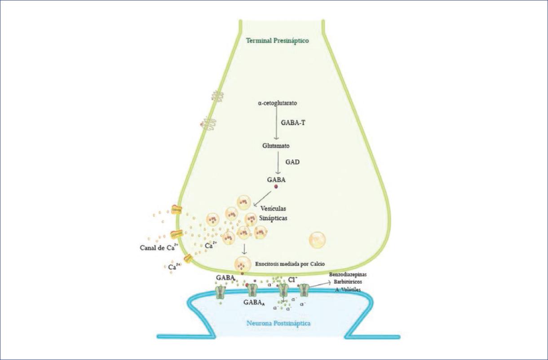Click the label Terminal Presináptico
point(277,40)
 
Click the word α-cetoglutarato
point(277,103)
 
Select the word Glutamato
point(276,146)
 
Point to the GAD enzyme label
point(292,160)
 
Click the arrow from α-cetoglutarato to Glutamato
point(277,124)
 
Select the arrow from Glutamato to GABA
point(278,162)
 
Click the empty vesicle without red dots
point(318,240)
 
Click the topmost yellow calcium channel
point(176,209)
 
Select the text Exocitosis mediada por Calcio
point(289,264)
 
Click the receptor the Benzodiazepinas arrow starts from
point(304,290)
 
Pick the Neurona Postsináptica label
point(278,323)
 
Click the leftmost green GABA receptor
point(220,292)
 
